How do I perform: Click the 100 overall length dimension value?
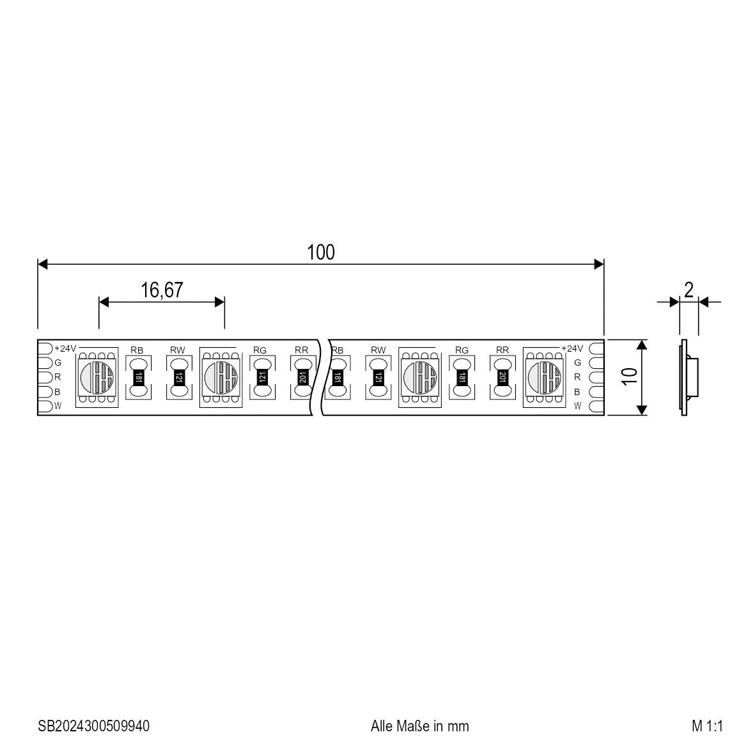[x=321, y=253]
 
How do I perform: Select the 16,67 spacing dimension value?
[x=162, y=290]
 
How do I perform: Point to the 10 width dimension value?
[x=629, y=377]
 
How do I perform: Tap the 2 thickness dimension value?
[x=689, y=290]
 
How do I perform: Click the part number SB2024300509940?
[x=93, y=726]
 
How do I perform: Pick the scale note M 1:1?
[x=707, y=726]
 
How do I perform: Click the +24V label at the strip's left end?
[x=65, y=348]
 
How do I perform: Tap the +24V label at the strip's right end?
[x=572, y=348]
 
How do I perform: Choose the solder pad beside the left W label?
[x=45, y=407]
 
